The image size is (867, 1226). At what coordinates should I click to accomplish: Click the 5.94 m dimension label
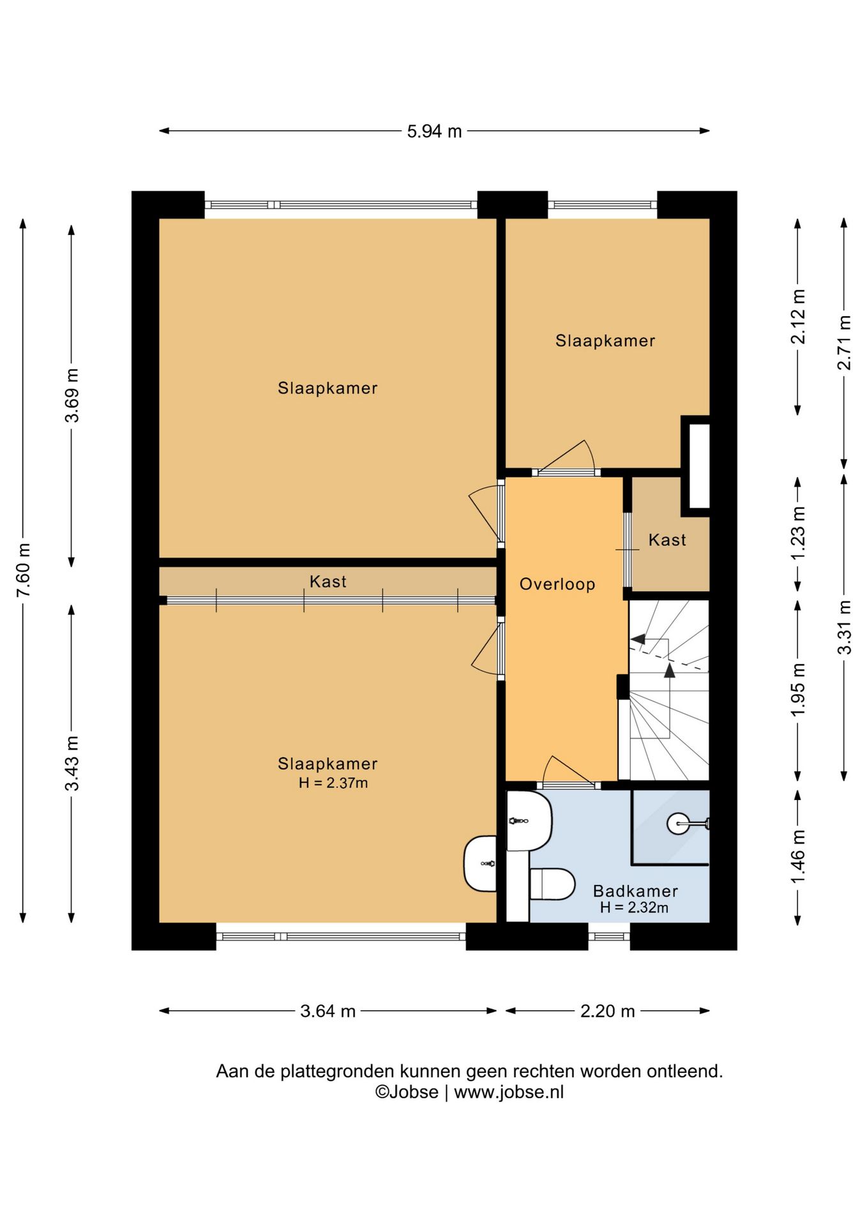pos(434,132)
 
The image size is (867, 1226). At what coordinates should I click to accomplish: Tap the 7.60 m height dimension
pos(24,570)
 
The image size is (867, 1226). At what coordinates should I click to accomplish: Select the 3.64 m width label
pos(328,1011)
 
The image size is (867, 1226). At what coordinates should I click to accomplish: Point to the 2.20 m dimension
pos(607,1011)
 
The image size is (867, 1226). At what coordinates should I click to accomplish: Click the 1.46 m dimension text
pos(798,856)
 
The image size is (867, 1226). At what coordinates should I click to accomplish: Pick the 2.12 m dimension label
pos(798,317)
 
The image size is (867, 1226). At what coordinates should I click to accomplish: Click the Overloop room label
pos(557,584)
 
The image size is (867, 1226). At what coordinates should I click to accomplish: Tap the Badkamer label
pos(635,891)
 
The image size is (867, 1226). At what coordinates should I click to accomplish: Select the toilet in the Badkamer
pos(552,884)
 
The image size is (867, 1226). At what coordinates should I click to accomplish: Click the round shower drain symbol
pos(677,824)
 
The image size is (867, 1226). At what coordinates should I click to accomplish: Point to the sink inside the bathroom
pos(529,821)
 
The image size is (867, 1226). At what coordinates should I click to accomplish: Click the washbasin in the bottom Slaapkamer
pos(480,863)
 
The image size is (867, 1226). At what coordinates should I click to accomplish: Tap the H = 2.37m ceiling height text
pos(333,783)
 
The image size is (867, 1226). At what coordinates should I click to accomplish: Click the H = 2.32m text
pos(634,907)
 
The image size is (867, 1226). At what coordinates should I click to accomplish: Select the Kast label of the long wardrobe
pos(328,582)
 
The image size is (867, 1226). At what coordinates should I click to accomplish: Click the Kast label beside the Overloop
pos(667,540)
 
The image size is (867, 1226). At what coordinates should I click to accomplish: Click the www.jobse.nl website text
pos(509,1092)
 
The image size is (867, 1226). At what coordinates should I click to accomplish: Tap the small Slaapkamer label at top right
pos(605,341)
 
